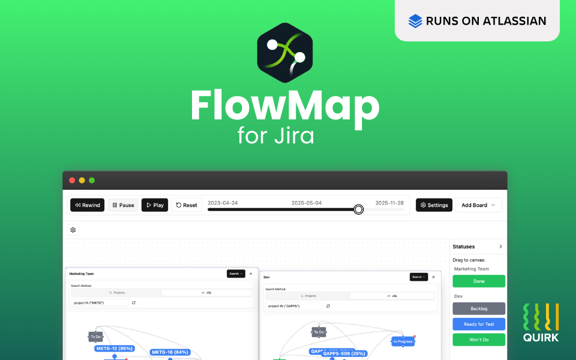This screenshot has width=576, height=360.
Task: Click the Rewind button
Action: click(x=87, y=205)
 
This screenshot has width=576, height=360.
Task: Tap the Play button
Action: click(x=154, y=205)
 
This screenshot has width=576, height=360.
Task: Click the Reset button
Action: click(x=186, y=205)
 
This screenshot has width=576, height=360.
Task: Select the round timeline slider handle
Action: click(x=358, y=209)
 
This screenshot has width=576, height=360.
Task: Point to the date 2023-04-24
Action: click(x=223, y=203)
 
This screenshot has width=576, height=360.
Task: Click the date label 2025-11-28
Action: click(x=389, y=203)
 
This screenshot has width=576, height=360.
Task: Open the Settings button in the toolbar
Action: click(x=434, y=205)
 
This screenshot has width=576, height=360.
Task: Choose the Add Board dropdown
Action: click(x=478, y=205)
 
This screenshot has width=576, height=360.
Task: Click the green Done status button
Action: click(x=478, y=281)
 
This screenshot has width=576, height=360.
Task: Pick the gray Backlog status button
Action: click(x=478, y=308)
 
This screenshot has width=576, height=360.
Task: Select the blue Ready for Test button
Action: click(x=478, y=324)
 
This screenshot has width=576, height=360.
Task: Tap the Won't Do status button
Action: click(x=478, y=340)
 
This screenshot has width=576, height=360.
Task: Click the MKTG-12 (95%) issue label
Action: click(x=114, y=348)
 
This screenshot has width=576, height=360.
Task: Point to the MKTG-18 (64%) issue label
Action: click(x=170, y=352)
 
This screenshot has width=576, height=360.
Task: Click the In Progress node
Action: click(x=403, y=341)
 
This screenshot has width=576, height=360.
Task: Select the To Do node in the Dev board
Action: click(x=319, y=332)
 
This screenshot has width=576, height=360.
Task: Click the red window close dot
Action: click(x=73, y=180)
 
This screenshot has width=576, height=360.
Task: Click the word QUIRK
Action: click(x=541, y=337)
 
